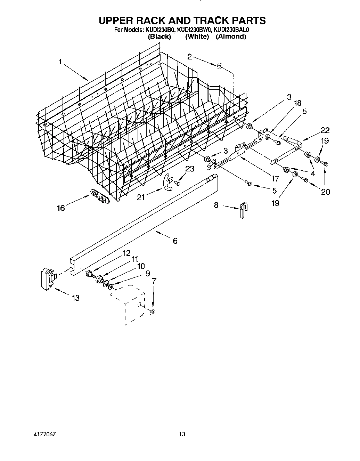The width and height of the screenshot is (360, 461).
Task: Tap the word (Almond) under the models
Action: tap(231, 37)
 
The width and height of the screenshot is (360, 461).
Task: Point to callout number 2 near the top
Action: tap(190, 57)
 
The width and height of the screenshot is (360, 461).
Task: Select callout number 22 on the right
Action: tap(325, 130)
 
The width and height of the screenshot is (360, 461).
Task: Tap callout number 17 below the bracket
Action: tap(275, 179)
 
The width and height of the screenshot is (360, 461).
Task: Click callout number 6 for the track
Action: tap(175, 241)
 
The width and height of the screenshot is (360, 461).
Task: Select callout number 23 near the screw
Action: tap(190, 169)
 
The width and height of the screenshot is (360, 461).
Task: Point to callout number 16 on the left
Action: tap(61, 208)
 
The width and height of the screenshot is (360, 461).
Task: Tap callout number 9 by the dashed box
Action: tap(148, 274)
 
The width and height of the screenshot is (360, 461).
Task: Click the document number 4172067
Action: tap(43, 435)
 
